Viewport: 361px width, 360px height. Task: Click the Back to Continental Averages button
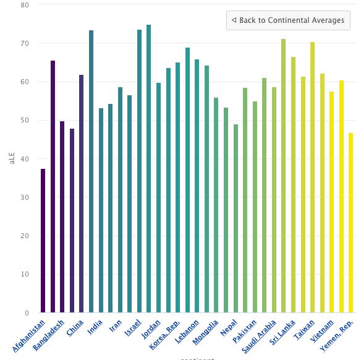288,20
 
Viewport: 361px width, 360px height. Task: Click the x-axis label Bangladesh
50,335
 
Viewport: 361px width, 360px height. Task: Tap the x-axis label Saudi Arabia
260,336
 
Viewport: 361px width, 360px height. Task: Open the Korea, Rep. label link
166,334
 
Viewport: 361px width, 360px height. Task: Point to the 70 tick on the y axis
25,43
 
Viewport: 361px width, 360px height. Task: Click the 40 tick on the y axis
25,159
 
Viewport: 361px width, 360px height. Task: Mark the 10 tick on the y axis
25,274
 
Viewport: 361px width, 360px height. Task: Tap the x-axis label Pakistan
245,332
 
